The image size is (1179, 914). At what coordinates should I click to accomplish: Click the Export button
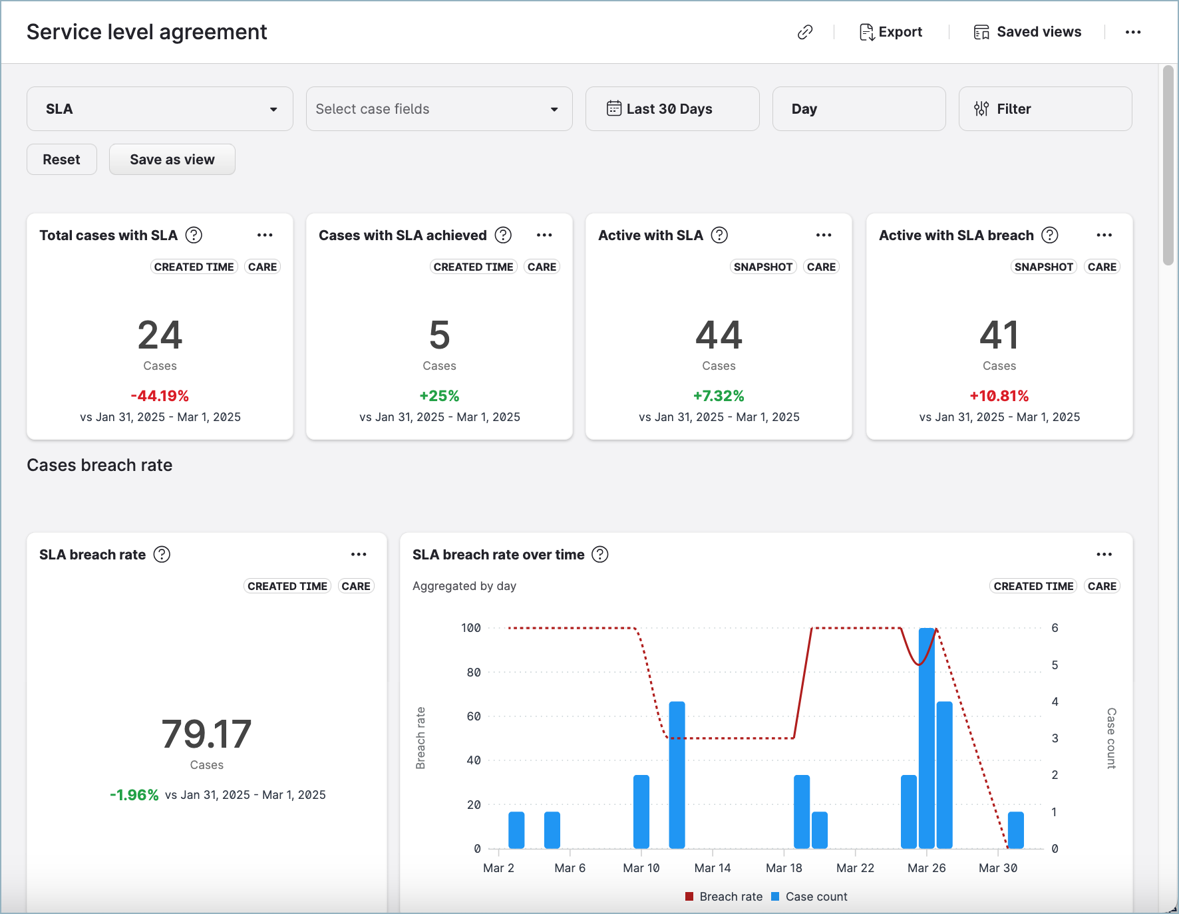coord(891,32)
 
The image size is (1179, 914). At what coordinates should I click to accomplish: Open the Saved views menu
coord(1027,32)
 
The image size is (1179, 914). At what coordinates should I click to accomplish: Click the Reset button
coord(62,160)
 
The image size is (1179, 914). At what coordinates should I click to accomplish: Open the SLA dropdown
coord(160,109)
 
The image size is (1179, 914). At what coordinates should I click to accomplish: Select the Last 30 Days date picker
coord(672,109)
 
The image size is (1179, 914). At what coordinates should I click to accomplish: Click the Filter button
coord(1045,109)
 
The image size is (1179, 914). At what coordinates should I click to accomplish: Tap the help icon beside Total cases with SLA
coord(194,235)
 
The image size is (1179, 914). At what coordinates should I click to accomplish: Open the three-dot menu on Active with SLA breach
coord(1104,235)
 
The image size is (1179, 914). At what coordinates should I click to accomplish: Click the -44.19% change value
coord(160,396)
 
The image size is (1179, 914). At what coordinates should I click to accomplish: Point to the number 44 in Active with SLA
coord(719,335)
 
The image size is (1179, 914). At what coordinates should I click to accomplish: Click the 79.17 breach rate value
coord(206,734)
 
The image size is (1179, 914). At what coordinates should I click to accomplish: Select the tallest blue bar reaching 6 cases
coord(926,738)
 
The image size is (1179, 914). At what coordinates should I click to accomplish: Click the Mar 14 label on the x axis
coord(713,868)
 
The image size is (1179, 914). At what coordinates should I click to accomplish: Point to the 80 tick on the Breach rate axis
coord(474,673)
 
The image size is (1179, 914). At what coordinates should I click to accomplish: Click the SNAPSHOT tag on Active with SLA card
coord(762,267)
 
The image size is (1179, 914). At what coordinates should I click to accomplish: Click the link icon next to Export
coord(805,32)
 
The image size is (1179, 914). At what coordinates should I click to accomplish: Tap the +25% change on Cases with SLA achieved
coord(439,396)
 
